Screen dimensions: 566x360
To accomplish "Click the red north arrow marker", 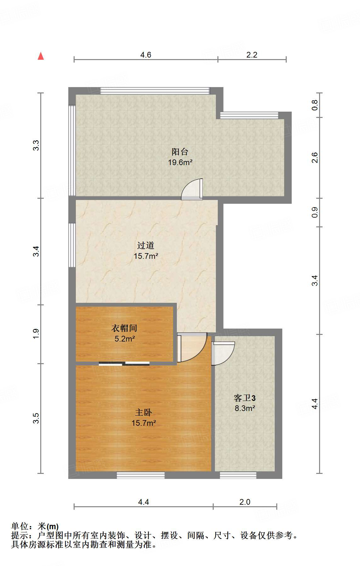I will pos(41,56).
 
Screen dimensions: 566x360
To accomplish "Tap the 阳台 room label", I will pos(180,152).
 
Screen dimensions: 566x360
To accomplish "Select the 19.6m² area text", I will pos(180,163).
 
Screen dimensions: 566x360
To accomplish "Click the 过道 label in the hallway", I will pos(146,245).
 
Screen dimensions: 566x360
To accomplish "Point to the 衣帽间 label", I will pos(124,328).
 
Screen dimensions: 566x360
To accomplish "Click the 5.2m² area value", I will pos(125,339).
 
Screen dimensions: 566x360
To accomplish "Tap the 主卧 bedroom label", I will pos(143,412).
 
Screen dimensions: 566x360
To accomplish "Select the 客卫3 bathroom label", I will pos(245,398).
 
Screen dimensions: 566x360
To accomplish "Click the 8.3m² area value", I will pos(245,408).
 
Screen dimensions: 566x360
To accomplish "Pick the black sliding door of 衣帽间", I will pos(124,364).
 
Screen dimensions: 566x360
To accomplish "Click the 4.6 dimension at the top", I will pos(146,55).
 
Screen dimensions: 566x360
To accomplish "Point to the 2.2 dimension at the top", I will pos(252,55).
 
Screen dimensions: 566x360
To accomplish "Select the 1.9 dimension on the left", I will pos(36,334).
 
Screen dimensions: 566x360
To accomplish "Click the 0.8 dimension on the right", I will pos(315,105).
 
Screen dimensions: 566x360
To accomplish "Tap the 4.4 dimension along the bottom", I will pos(143,502).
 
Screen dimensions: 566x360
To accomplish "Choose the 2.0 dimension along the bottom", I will pos(245,502).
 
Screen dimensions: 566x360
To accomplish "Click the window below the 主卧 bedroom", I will pos(141,475).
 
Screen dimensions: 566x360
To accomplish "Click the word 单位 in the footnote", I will pos(20,526).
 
